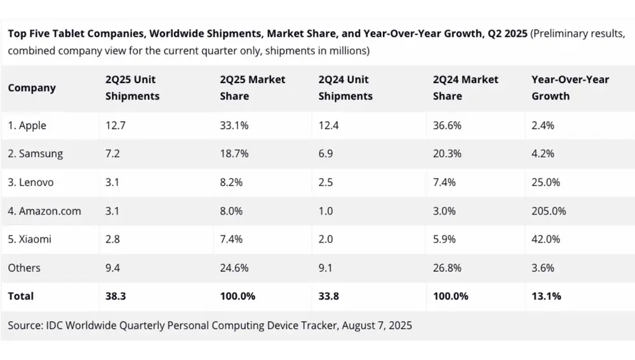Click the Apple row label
(27, 126)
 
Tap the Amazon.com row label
(44, 211)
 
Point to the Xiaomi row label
(30, 239)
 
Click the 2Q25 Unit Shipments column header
(132, 88)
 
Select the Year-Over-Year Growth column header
(570, 88)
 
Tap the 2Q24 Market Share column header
(465, 88)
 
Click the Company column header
(32, 88)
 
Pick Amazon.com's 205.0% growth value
(549, 211)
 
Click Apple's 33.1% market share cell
(234, 126)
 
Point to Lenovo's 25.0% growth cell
(545, 182)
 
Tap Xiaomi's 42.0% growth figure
(545, 239)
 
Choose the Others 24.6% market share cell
(234, 268)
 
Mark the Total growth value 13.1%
(546, 296)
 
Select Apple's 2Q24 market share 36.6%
(447, 126)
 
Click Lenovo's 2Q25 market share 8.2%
(231, 182)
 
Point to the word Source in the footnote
(25, 326)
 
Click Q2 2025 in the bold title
(506, 34)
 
